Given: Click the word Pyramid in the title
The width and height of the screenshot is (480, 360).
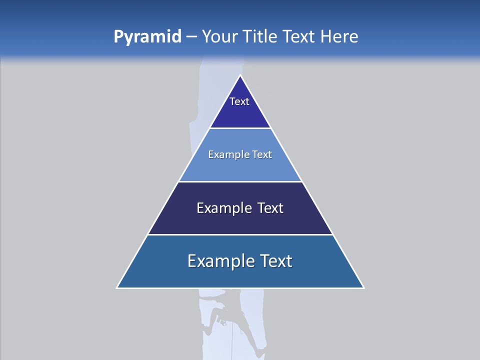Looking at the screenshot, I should [x=147, y=36].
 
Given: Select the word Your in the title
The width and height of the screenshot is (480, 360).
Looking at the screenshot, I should [x=219, y=36].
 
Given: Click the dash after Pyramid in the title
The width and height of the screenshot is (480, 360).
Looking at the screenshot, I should [x=191, y=37].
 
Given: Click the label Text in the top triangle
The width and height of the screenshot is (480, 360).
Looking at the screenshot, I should [x=239, y=101].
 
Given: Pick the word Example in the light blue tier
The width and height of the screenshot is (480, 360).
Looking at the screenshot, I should [x=224, y=154].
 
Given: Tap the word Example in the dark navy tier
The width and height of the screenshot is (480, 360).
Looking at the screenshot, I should [x=223, y=208].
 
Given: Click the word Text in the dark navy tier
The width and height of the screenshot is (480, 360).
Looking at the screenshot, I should [x=270, y=208].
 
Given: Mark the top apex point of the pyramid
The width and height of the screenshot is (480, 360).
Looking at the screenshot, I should [x=240, y=75].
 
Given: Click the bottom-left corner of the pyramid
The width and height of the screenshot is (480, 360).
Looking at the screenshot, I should [x=117, y=288].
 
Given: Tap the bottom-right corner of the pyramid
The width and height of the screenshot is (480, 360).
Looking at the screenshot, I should [x=363, y=288].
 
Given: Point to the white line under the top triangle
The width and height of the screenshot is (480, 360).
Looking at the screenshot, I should [x=240, y=128].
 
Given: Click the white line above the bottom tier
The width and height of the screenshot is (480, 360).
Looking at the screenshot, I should [x=240, y=234].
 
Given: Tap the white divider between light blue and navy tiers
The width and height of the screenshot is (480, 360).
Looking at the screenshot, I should [x=240, y=181].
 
